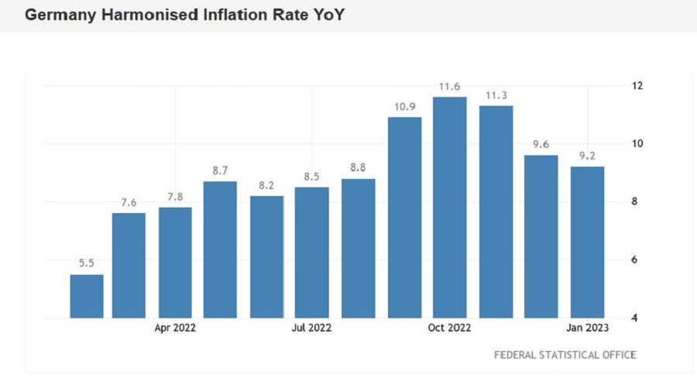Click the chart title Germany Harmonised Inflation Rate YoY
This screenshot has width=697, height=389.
(x=184, y=15)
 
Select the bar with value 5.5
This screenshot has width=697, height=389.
(x=87, y=296)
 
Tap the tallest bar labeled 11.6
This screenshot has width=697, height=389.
(x=450, y=208)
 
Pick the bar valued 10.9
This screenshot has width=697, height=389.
(x=405, y=218)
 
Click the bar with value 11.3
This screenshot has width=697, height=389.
(x=496, y=212)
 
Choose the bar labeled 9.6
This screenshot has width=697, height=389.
(x=541, y=236)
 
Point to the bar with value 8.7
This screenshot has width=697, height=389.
(x=220, y=250)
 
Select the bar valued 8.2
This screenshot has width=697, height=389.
(x=266, y=256)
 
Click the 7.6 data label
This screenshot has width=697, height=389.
(x=129, y=203)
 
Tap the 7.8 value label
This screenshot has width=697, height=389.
(x=175, y=197)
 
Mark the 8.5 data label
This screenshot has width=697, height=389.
(x=312, y=177)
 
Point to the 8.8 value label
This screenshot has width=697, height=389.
(x=358, y=168)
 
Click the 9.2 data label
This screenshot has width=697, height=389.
(x=587, y=156)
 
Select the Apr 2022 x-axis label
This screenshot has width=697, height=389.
(x=175, y=328)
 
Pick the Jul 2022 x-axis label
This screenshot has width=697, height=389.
(x=312, y=328)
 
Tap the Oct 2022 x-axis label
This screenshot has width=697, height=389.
(x=450, y=328)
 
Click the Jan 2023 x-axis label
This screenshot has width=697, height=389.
(x=587, y=328)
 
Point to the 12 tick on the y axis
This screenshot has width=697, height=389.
(x=637, y=85)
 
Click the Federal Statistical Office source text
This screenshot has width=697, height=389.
(x=565, y=355)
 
